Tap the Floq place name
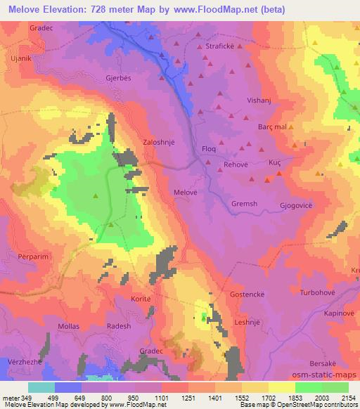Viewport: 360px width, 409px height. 209,149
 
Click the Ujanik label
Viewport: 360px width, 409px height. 18,55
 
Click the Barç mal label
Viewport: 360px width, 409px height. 273,127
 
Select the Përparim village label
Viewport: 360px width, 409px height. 22,252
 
